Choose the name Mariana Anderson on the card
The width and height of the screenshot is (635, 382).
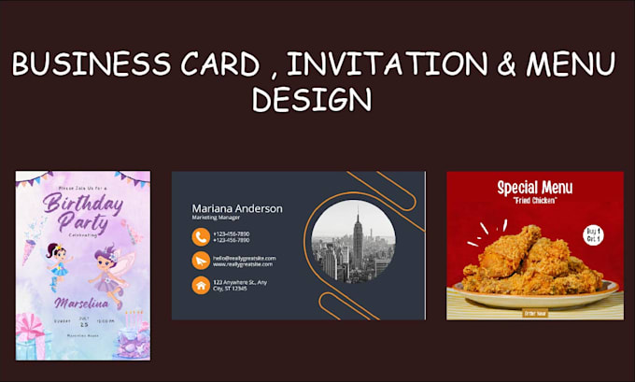point(236,208)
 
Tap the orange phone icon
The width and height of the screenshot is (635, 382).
point(200,236)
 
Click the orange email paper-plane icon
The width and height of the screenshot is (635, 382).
point(200,261)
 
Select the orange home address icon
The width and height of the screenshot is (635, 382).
point(200,285)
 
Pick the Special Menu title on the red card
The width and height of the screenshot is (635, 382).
point(534,188)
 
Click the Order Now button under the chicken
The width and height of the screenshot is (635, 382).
point(534,312)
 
